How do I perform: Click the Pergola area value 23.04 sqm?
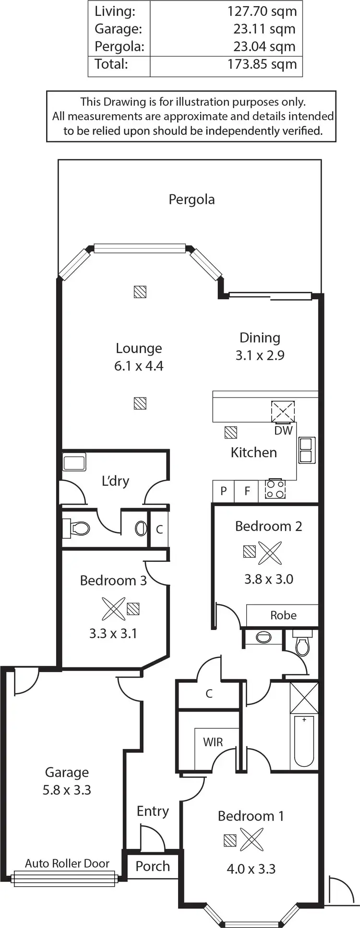pyautogui.click(x=265, y=47)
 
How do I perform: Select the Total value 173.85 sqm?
pyautogui.click(x=262, y=64)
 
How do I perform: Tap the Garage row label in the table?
pyautogui.click(x=118, y=29)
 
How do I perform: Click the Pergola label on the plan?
pyautogui.click(x=192, y=199)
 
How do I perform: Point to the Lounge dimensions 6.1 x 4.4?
pyautogui.click(x=139, y=366)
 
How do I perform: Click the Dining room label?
pyautogui.click(x=260, y=338)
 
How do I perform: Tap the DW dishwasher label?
pyautogui.click(x=283, y=430)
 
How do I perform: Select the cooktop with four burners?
pyautogui.click(x=276, y=489)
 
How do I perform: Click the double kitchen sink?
pyautogui.click(x=307, y=450)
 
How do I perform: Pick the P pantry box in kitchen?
pyautogui.click(x=223, y=491)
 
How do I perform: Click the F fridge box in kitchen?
pyautogui.click(x=247, y=491)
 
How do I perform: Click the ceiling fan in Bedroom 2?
pyautogui.click(x=270, y=553)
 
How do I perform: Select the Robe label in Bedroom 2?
pyautogui.click(x=283, y=615)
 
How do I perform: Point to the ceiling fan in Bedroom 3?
pyautogui.click(x=113, y=609)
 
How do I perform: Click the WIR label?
pyautogui.click(x=213, y=742)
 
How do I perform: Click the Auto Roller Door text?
pyautogui.click(x=67, y=863)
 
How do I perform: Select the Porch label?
pyautogui.click(x=153, y=866)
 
